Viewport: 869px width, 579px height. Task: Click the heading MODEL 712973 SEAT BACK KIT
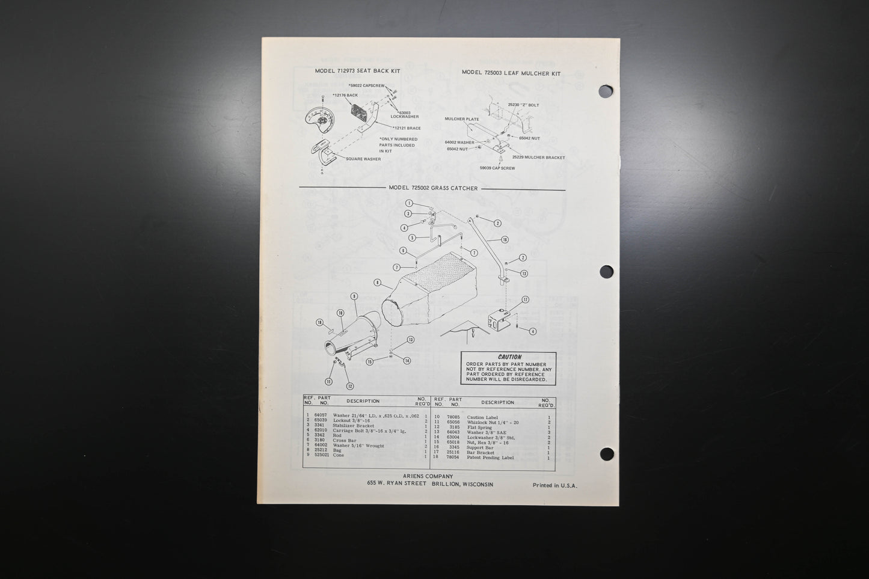point(357,71)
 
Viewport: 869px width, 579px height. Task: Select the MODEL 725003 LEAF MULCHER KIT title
point(511,73)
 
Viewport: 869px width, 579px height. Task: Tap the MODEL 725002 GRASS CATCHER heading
point(433,188)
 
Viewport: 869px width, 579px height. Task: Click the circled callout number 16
point(505,239)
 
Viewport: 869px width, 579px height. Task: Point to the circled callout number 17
point(524,299)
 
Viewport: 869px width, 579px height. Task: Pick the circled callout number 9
point(354,296)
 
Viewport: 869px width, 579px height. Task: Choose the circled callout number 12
point(349,386)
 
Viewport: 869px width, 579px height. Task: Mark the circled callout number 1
point(409,203)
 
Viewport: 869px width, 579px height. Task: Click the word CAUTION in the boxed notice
point(509,357)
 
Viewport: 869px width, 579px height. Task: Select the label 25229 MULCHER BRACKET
point(538,158)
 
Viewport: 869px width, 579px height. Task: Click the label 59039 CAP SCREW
point(497,168)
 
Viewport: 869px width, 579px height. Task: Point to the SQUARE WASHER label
point(363,159)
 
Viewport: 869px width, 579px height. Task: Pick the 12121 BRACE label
point(407,128)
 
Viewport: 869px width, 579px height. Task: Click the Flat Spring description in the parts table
point(479,427)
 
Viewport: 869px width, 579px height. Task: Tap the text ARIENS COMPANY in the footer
point(428,476)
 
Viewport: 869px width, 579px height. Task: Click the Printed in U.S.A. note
point(554,485)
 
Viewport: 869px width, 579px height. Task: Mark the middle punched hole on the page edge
point(606,272)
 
